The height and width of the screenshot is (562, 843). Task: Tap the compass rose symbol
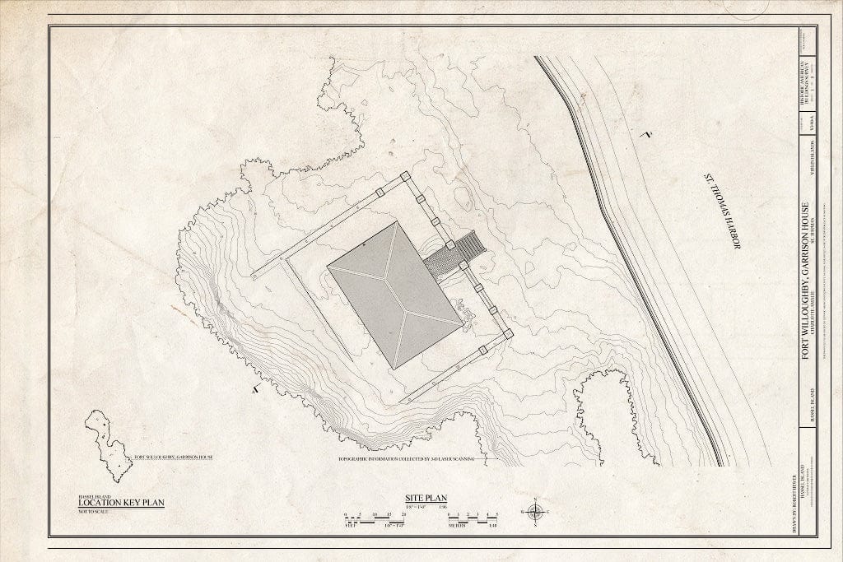[x=535, y=512]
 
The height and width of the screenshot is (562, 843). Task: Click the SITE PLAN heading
[x=426, y=498]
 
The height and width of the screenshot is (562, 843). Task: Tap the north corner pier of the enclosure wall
[x=405, y=177]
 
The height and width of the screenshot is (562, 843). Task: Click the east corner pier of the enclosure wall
[x=507, y=333]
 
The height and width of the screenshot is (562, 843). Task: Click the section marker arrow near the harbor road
[x=649, y=132]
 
